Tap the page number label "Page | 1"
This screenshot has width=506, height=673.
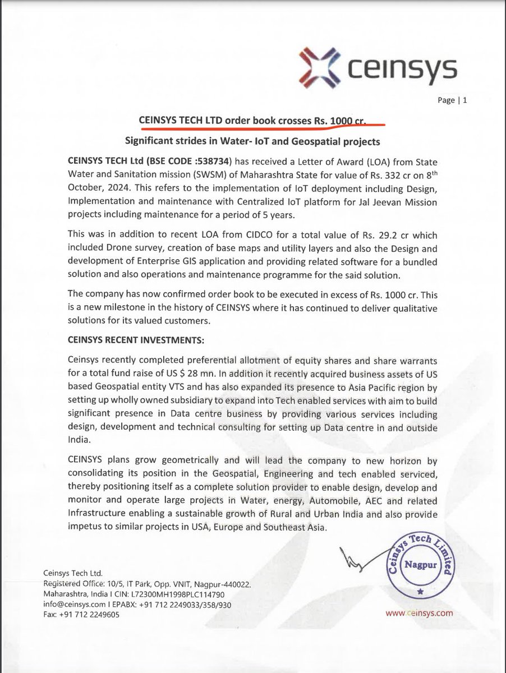pos(455,101)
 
